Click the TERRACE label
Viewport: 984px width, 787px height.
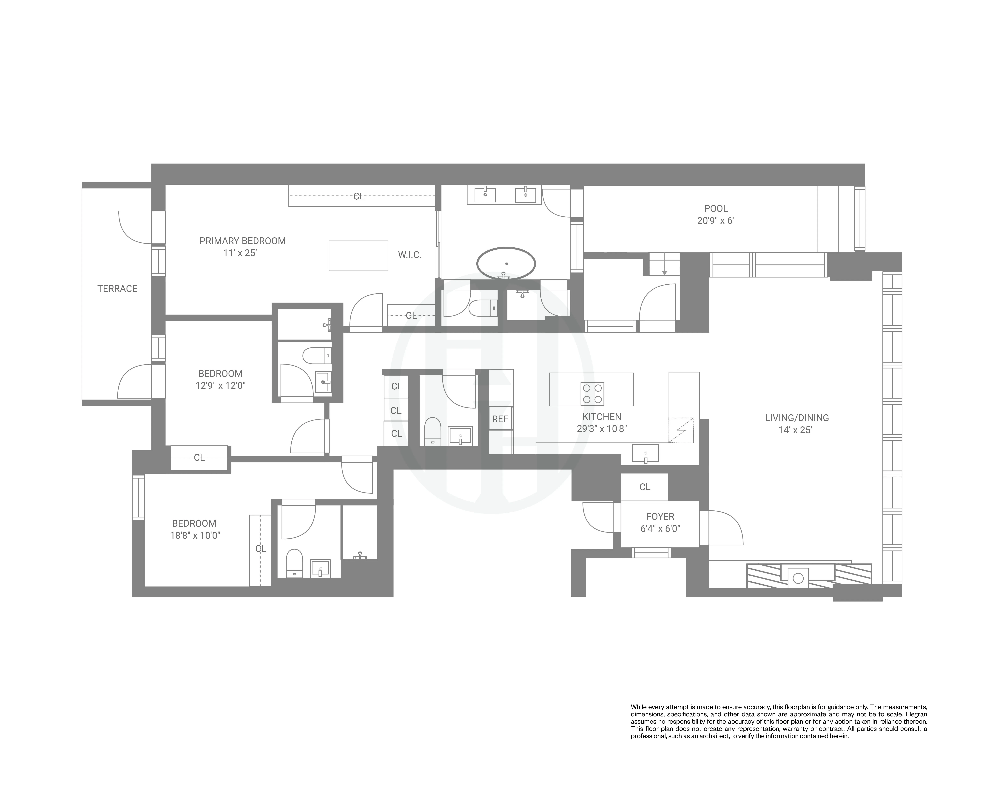click(117, 288)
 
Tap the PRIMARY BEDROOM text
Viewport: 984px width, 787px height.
click(242, 241)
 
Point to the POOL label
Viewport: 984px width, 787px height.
click(716, 209)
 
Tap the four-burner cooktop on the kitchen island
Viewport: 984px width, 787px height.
click(592, 393)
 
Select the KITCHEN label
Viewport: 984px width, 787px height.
click(602, 416)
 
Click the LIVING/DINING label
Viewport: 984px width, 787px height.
click(796, 417)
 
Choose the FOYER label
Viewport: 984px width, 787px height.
click(660, 516)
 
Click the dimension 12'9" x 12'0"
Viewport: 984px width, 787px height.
click(220, 385)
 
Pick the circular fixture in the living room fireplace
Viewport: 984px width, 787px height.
click(798, 578)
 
